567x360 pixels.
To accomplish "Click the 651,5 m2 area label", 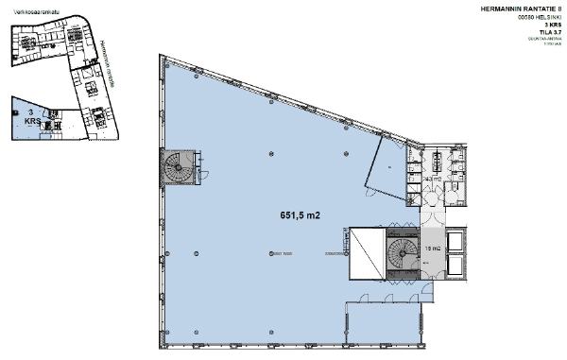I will pyautogui.click(x=295, y=214).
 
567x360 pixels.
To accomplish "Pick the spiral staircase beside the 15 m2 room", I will pyautogui.click(x=401, y=253).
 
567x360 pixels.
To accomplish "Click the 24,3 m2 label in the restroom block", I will pyautogui.click(x=433, y=177).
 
